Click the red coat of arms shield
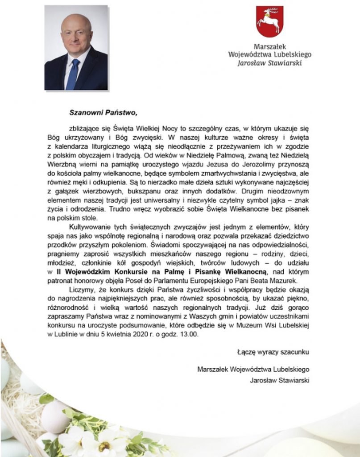269,21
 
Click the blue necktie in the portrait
73,74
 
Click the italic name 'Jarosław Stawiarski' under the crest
269,63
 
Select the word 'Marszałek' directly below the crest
269,46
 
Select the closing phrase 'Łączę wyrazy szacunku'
273,352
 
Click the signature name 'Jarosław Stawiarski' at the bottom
280,380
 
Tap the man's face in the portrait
76,35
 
